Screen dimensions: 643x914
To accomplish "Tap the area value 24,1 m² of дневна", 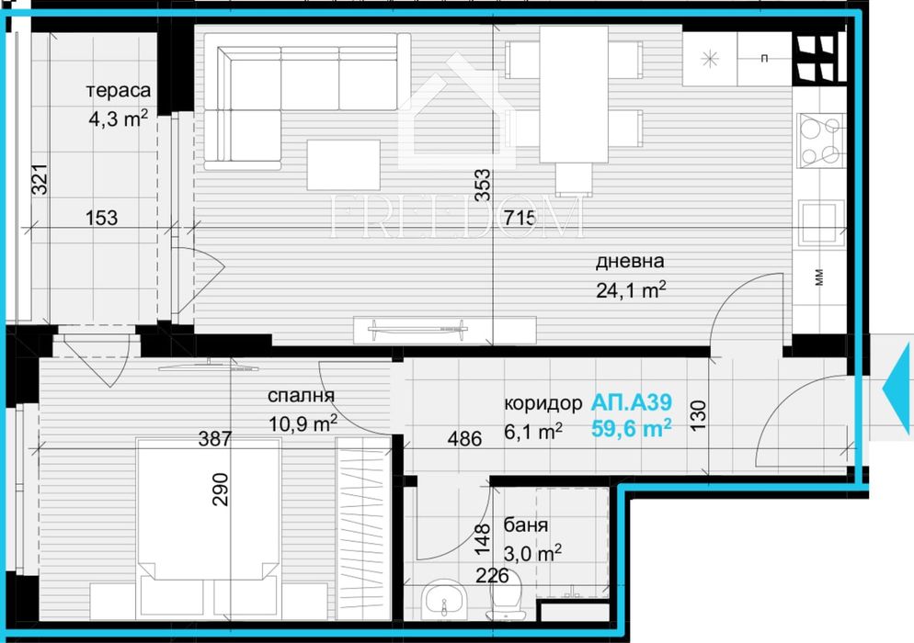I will [630, 290].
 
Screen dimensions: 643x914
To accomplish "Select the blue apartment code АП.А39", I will [633, 402].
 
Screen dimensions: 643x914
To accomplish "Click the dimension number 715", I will [519, 219].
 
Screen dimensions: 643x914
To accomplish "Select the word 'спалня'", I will [301, 396].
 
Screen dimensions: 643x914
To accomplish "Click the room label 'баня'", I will [526, 526].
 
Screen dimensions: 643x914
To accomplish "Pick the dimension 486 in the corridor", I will [464, 439].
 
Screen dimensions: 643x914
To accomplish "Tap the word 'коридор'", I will [543, 403].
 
